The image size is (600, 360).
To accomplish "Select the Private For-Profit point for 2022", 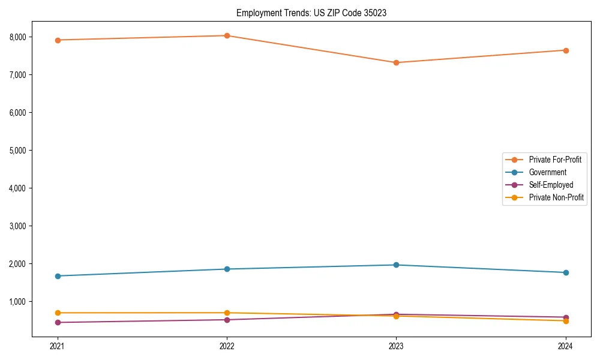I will [x=227, y=35].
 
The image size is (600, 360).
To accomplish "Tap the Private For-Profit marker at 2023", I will [x=396, y=62].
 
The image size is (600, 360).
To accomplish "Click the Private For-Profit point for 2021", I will [x=58, y=40].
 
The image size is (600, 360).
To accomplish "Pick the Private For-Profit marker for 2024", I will [x=566, y=50].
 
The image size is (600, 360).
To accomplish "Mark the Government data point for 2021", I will [x=58, y=276].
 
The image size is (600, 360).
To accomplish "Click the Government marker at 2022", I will [x=227, y=269].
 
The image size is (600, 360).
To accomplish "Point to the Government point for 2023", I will [x=396, y=265].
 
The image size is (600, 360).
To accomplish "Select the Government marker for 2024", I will [x=566, y=272].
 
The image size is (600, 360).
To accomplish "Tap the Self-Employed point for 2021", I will [x=58, y=322].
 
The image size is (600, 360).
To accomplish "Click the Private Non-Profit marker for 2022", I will [x=227, y=313].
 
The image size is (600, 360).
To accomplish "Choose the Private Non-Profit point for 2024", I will [x=566, y=321].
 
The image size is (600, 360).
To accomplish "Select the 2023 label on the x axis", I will [x=396, y=346].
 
